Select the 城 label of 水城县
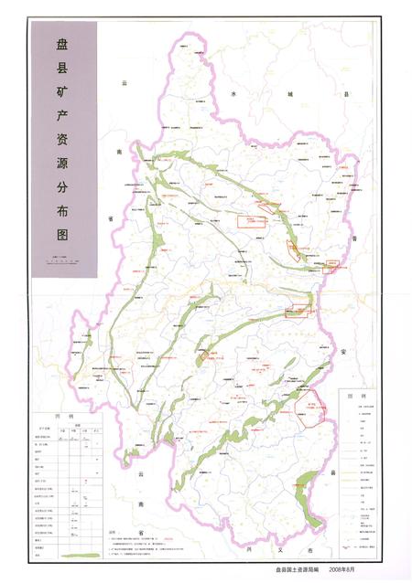[x=291, y=93]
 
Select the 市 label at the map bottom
[x=309, y=551]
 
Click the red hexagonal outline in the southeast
[x=316, y=408]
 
